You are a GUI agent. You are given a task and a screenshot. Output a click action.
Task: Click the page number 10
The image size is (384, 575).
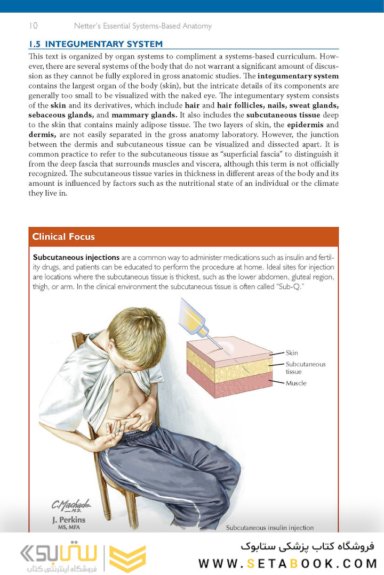pyautogui.click(x=33, y=26)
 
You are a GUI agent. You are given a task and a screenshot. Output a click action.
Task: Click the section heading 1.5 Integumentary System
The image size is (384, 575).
pyautogui.click(x=95, y=44)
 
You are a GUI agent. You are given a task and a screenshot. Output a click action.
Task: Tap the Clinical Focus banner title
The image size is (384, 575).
pyautogui.click(x=63, y=237)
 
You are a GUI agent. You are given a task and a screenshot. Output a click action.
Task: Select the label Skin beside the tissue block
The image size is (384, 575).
pyautogui.click(x=292, y=352)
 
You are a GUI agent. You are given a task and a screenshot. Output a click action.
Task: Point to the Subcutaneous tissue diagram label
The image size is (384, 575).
pyautogui.click(x=305, y=368)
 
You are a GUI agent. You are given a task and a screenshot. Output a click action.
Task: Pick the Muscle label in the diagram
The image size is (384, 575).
pyautogui.click(x=296, y=383)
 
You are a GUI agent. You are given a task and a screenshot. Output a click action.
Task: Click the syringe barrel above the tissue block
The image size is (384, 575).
pyautogui.click(x=192, y=316)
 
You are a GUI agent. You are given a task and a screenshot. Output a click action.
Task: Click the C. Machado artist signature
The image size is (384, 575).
pyautogui.click(x=71, y=505)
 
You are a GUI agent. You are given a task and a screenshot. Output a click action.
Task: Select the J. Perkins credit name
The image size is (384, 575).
pyautogui.click(x=68, y=520)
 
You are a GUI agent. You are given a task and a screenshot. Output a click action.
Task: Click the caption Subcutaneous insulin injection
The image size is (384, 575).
pyautogui.click(x=270, y=528)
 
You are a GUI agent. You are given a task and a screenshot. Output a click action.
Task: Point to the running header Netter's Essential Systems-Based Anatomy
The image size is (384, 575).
pyautogui.click(x=142, y=26)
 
